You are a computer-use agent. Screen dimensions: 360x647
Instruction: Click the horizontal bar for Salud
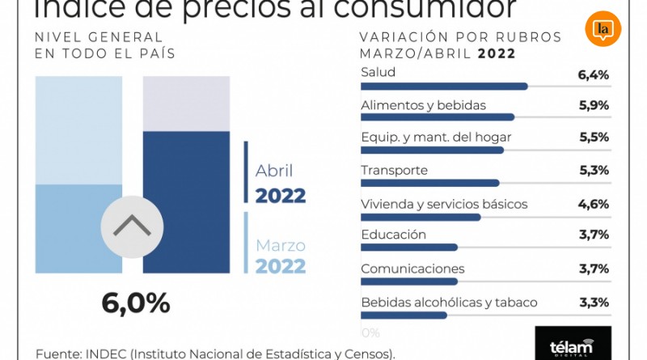(x=443, y=86)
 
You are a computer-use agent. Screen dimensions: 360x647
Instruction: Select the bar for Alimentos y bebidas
(x=437, y=117)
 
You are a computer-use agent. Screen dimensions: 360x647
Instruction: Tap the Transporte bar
(x=429, y=183)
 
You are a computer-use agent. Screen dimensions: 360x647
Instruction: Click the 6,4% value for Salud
(x=593, y=75)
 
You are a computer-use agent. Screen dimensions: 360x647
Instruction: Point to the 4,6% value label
(x=593, y=204)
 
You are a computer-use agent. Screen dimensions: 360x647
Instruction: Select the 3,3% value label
(x=593, y=303)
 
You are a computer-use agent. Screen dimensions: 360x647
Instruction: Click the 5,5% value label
(x=593, y=138)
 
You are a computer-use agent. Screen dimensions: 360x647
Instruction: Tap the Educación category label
(x=393, y=235)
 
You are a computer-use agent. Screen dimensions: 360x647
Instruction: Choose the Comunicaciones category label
(x=412, y=269)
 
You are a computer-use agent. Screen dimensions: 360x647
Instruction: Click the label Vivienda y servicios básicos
(x=444, y=204)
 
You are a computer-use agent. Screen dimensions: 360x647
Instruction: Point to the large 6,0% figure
(x=136, y=303)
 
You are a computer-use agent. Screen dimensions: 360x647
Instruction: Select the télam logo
(x=573, y=344)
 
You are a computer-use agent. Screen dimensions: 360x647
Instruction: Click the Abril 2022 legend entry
(x=280, y=184)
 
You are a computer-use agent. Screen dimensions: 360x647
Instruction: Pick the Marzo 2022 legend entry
(x=280, y=256)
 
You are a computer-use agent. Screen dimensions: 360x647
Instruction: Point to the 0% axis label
(x=370, y=332)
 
